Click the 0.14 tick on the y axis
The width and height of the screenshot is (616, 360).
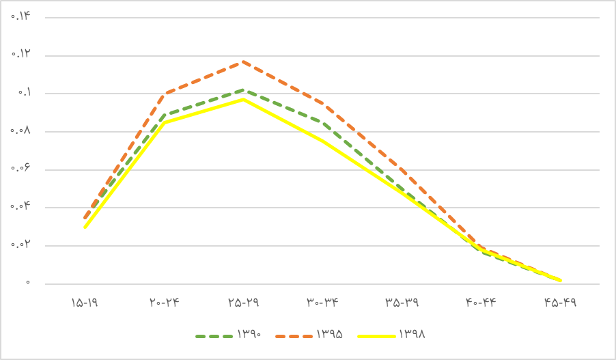tap(21, 16)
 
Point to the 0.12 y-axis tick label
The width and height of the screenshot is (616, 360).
tap(21, 54)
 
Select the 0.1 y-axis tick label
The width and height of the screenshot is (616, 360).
tap(24, 92)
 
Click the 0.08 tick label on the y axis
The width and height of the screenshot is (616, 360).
tap(21, 130)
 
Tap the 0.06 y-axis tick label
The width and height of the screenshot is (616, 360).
tap(21, 169)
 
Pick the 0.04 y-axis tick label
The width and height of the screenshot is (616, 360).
tap(21, 206)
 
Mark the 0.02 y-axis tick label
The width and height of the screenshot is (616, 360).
tap(21, 245)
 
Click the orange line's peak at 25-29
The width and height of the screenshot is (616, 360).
tap(243, 61)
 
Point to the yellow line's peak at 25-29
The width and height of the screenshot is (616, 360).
tap(243, 99)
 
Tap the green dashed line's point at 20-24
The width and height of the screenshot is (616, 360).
tap(164, 114)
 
